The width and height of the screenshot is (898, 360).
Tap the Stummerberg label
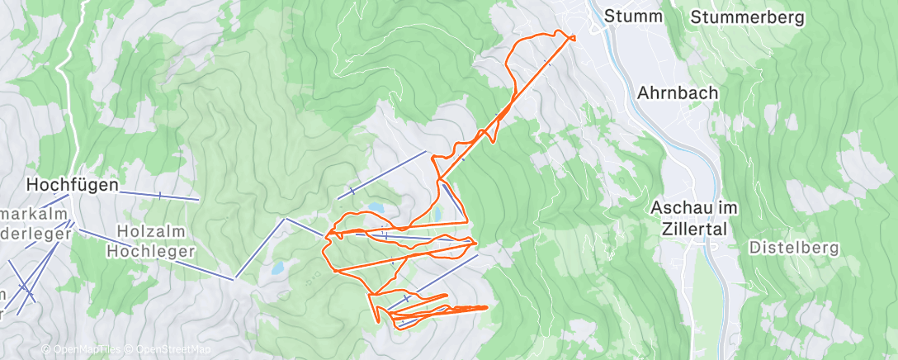(747, 17)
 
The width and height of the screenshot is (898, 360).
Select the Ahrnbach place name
(677, 92)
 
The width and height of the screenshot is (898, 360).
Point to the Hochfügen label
(72, 184)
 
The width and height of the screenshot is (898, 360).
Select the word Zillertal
(693, 229)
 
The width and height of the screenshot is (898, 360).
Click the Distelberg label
(793, 247)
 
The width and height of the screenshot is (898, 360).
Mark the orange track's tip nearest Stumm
(572, 37)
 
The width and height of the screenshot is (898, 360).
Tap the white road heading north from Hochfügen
(73, 99)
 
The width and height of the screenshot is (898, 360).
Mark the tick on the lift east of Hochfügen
(159, 195)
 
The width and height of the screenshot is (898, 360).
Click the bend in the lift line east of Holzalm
(285, 220)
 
